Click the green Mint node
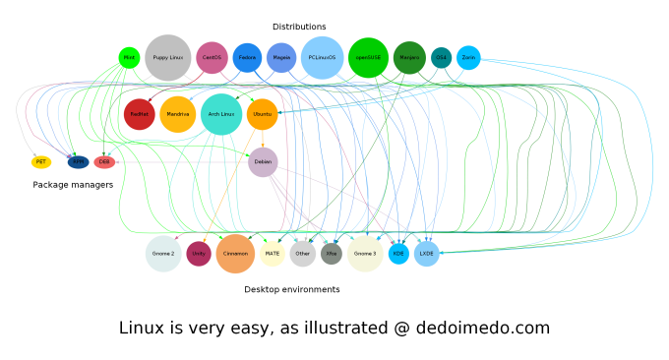[x=129, y=58]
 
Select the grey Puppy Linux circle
[x=168, y=58]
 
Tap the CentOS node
[x=212, y=58]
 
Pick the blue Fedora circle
[x=247, y=58]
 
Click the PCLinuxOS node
[x=322, y=58]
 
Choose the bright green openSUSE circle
[x=369, y=58]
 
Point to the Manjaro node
[x=409, y=58]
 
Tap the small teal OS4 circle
[x=441, y=58]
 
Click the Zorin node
[x=468, y=58]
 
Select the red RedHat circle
[x=139, y=114]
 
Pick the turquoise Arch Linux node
[x=221, y=114]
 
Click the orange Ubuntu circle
[x=263, y=114]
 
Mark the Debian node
[x=263, y=162]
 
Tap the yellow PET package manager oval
[x=41, y=162]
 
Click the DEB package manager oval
[x=104, y=162]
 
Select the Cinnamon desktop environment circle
[x=235, y=254]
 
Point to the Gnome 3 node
[x=365, y=254]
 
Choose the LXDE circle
[x=426, y=254]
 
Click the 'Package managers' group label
[x=73, y=185]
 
